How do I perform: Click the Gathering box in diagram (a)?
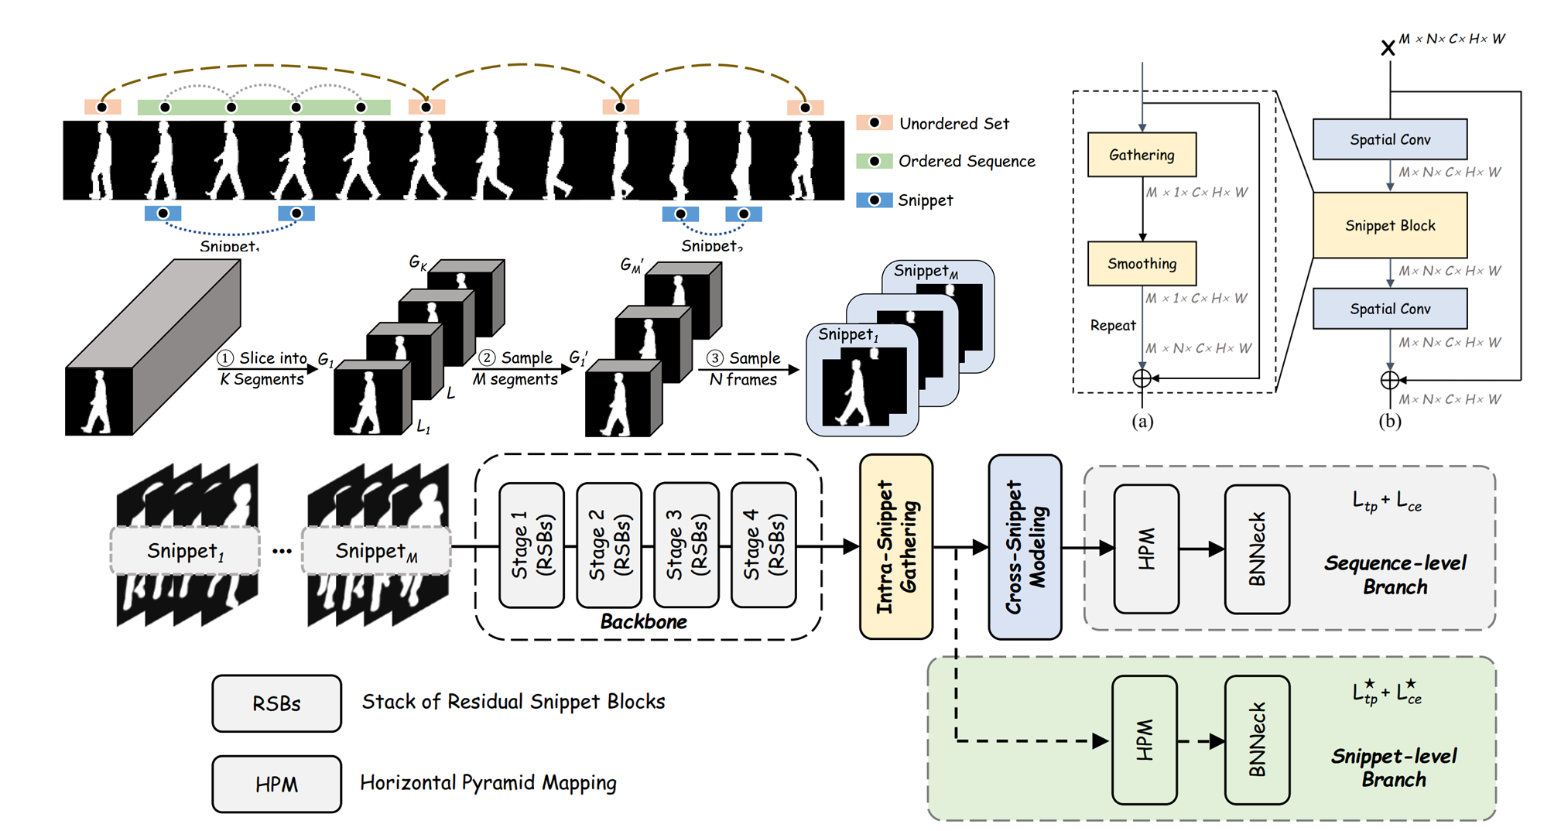click(1142, 155)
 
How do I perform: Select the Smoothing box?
click(1142, 264)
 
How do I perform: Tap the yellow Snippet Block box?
click(1390, 225)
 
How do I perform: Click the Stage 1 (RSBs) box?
click(532, 545)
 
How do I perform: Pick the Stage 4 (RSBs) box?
click(763, 545)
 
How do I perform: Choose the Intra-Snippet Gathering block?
click(896, 546)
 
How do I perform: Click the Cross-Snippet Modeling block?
click(1025, 546)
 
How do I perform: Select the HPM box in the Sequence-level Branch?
click(1146, 549)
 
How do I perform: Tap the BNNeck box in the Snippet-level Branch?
click(1257, 740)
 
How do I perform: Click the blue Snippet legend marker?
click(875, 200)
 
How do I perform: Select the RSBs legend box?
click(276, 703)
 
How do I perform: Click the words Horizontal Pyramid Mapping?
click(488, 783)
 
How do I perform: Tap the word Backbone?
click(643, 622)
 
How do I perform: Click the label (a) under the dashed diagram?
click(1142, 422)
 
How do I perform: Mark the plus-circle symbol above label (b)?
click(1390, 380)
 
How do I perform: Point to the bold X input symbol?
click(1388, 48)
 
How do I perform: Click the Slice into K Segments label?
click(262, 368)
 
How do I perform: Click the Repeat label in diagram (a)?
click(1113, 326)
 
